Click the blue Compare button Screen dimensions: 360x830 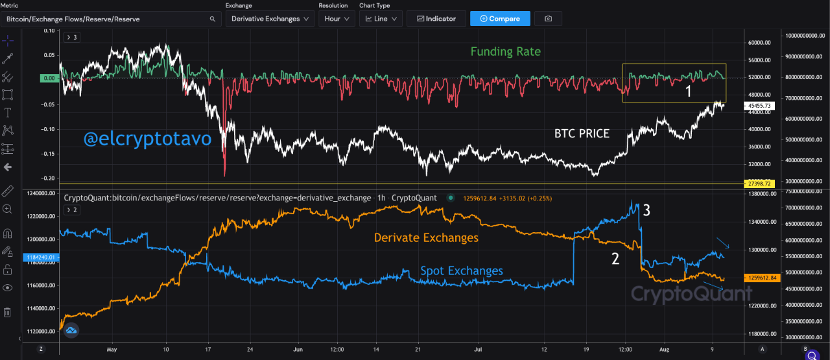499,19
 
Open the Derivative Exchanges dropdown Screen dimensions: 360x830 270,19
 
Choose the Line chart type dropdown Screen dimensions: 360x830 381,19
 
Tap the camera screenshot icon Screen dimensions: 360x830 548,19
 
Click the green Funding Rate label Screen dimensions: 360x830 505,51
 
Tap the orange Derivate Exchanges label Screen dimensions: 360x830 426,238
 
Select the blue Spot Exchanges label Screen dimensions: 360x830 461,270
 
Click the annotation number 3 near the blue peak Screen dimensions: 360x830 647,210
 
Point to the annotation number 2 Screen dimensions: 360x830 615,259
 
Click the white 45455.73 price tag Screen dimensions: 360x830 759,105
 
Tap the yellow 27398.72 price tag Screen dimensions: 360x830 759,184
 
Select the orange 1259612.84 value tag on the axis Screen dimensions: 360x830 761,278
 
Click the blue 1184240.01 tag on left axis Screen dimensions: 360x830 41,258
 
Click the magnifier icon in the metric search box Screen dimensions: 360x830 212,19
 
